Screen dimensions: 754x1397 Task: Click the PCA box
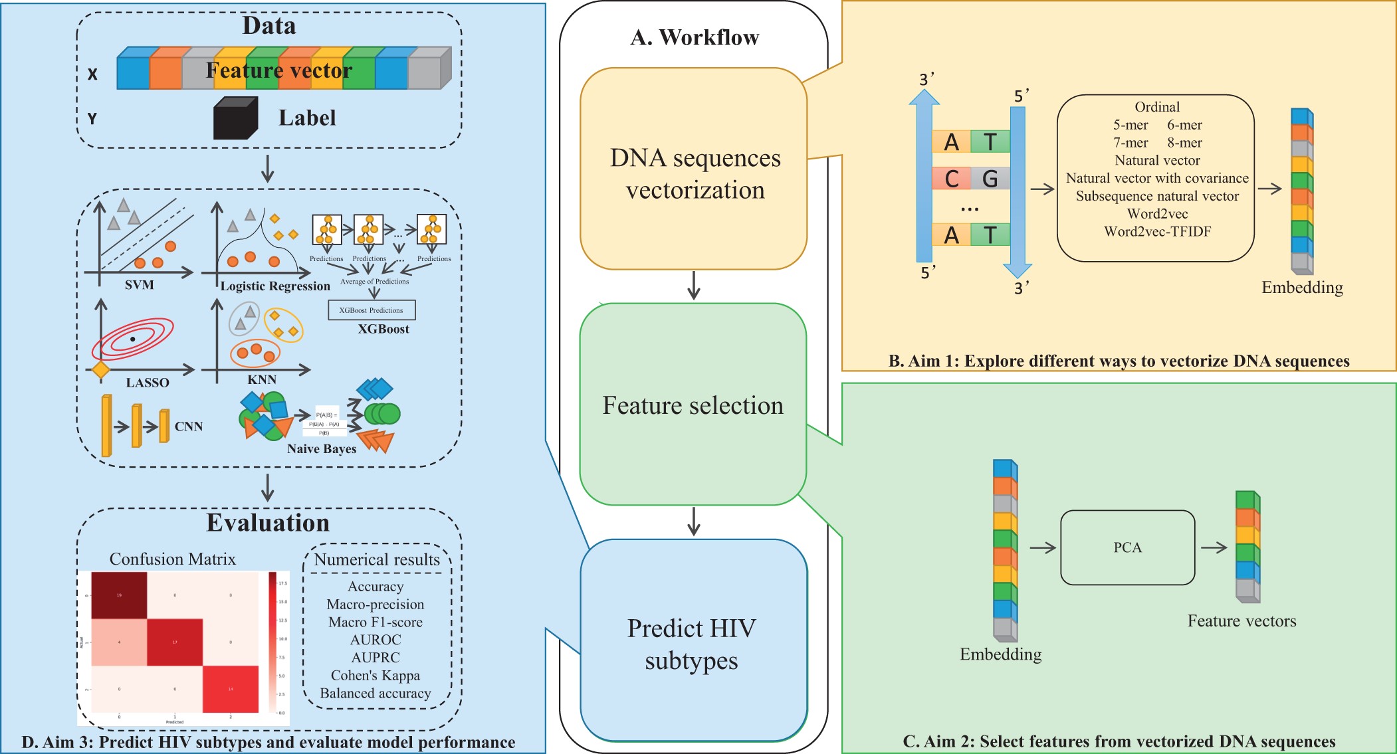[1127, 547]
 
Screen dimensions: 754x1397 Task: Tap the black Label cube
[235, 118]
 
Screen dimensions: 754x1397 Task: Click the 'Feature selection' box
[693, 405]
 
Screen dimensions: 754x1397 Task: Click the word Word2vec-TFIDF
[1157, 232]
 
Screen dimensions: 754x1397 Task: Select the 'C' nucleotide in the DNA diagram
[951, 179]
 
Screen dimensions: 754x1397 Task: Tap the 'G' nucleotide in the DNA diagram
[990, 179]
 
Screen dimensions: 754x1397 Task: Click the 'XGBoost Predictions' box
[372, 310]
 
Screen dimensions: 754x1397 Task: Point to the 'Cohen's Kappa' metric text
[376, 676]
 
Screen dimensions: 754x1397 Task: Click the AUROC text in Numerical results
[376, 640]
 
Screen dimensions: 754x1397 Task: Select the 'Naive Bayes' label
[322, 449]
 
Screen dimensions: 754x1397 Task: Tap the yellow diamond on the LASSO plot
[101, 369]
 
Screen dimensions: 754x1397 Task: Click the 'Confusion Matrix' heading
[173, 559]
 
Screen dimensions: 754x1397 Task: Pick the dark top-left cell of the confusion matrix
[119, 595]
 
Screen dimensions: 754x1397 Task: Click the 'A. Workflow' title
[694, 38]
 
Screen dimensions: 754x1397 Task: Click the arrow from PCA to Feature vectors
[1214, 548]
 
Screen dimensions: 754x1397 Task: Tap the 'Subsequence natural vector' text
[1157, 196]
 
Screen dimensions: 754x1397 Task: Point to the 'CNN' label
[189, 426]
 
